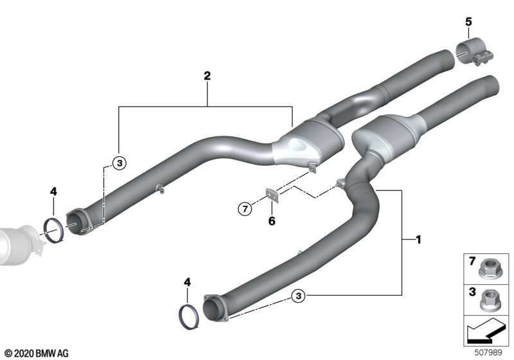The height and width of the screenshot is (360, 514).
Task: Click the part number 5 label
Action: tap(468, 22)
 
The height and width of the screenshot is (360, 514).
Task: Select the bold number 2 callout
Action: tap(207, 76)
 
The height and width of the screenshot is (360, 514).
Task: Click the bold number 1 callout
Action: tap(418, 240)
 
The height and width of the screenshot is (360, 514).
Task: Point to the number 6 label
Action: tap(272, 221)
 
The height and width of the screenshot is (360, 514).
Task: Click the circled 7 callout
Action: tap(245, 208)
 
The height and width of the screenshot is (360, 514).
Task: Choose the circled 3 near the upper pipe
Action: tap(120, 163)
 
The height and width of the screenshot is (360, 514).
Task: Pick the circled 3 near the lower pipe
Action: tap(298, 296)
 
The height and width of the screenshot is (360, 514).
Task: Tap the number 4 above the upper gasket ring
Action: tap(53, 192)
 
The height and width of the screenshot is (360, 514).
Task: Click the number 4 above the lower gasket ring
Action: tap(187, 282)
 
